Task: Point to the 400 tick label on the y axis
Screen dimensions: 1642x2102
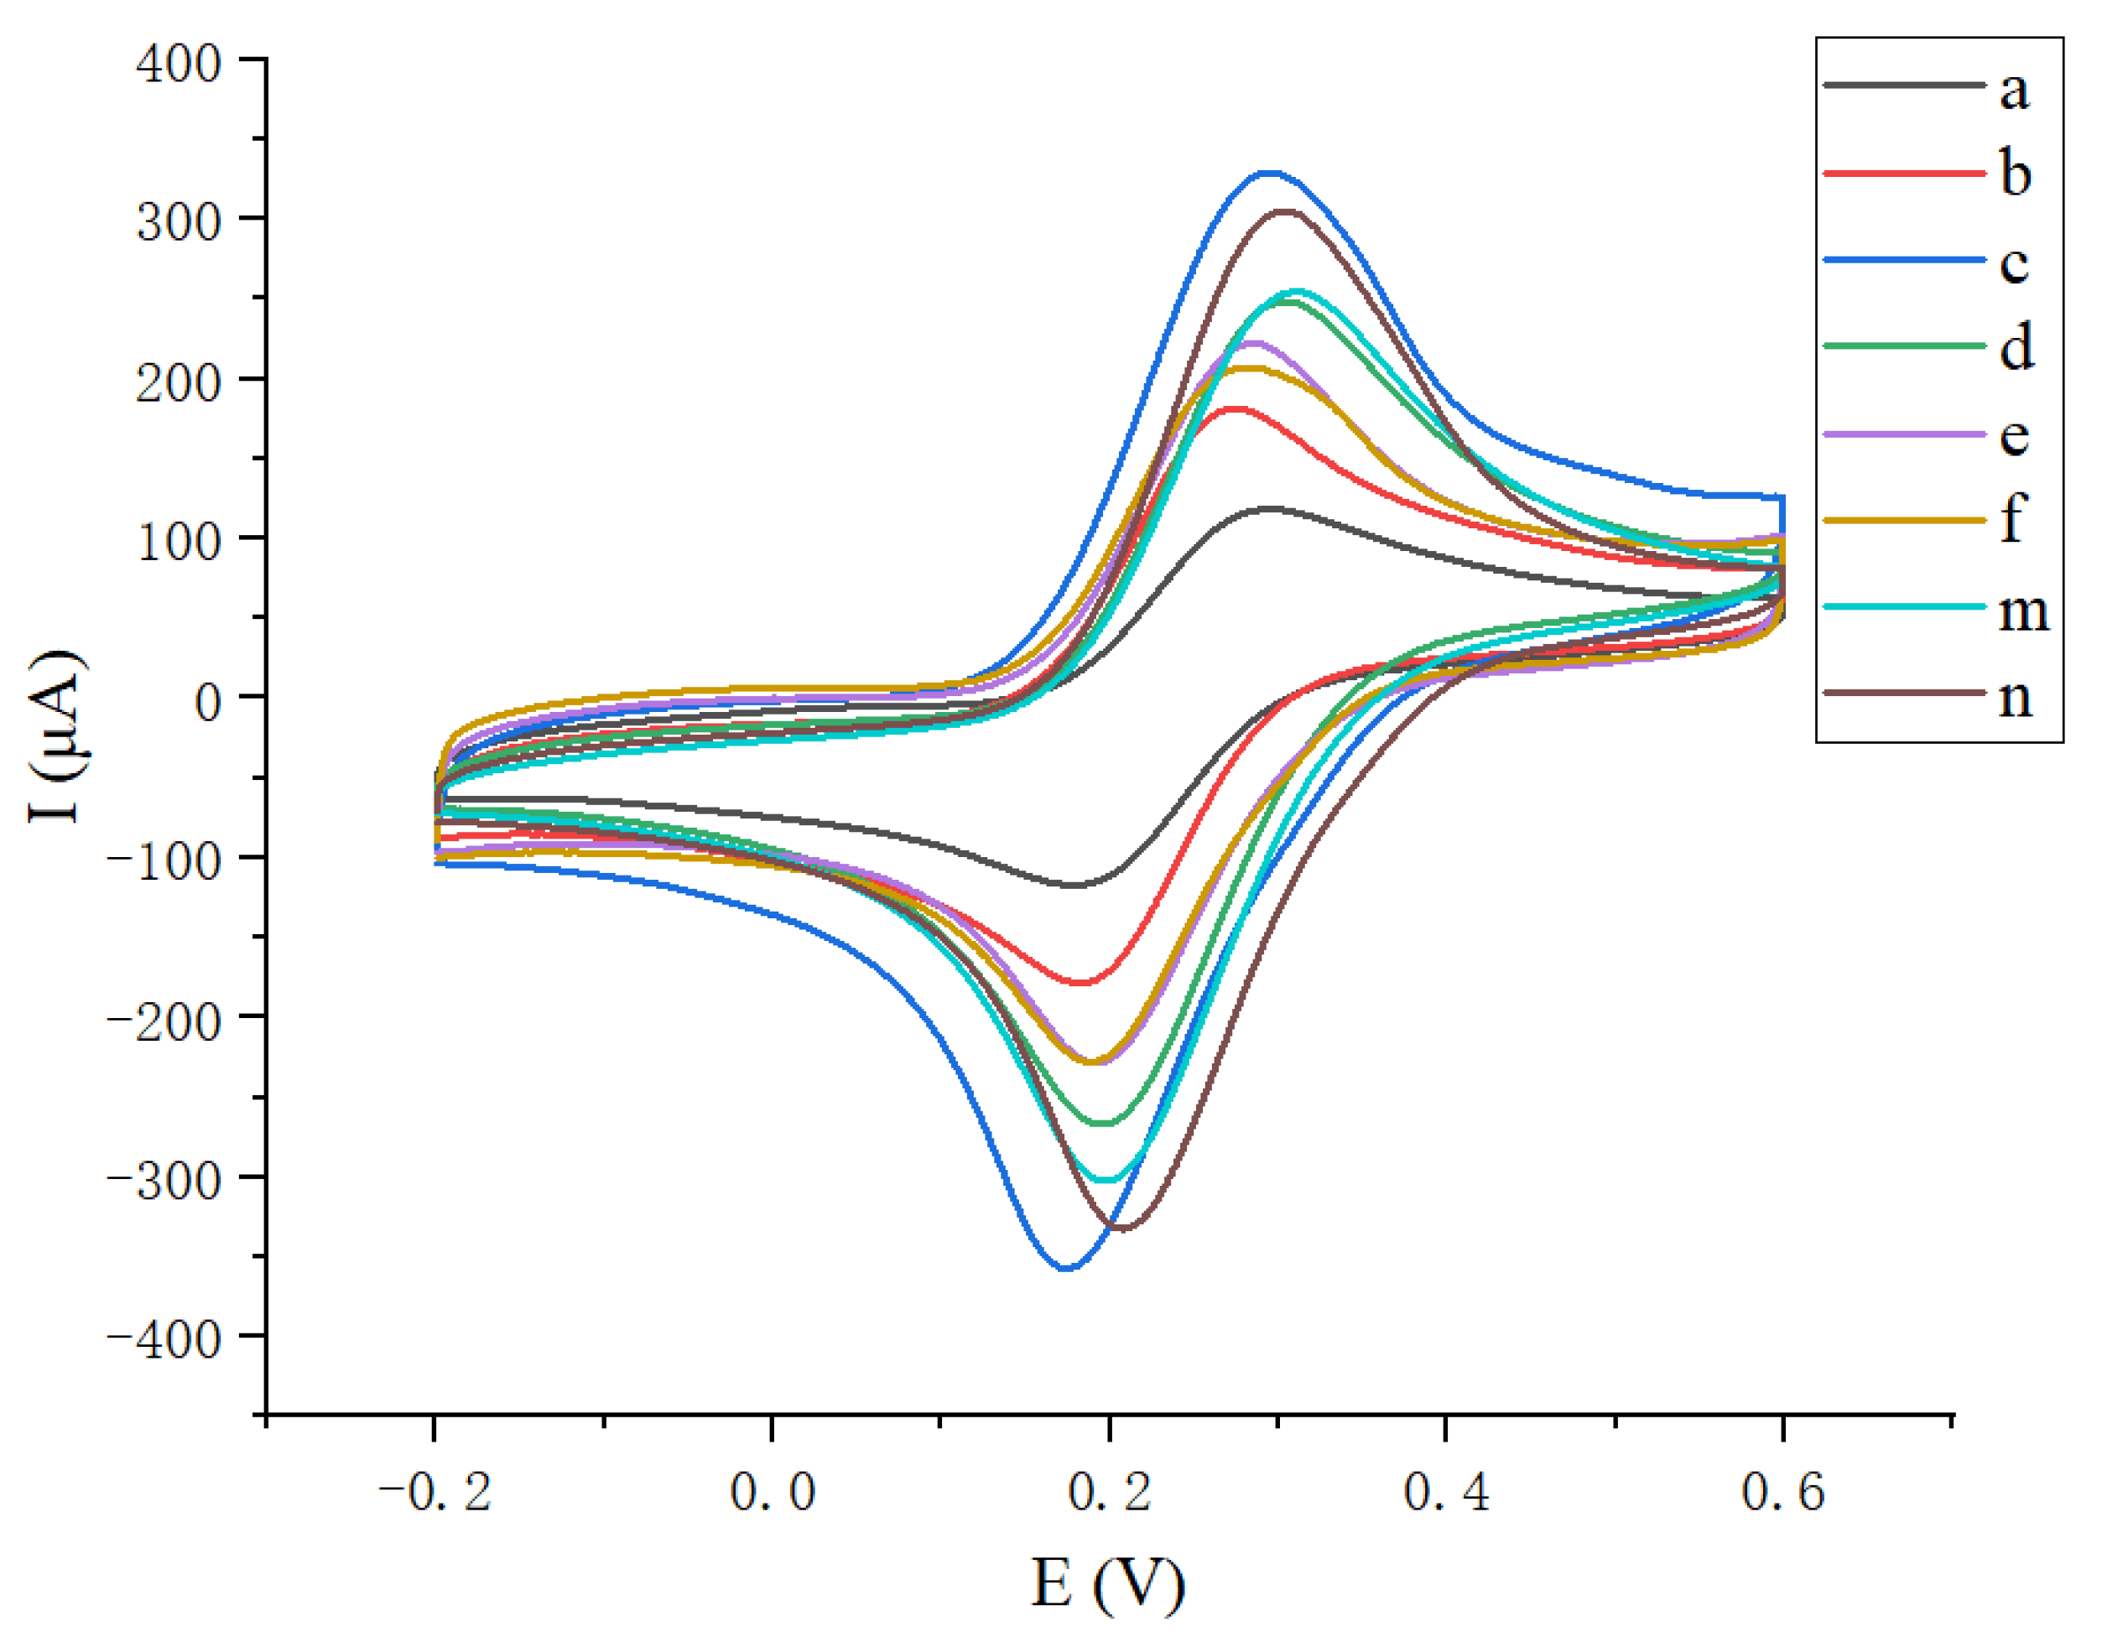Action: coord(179,65)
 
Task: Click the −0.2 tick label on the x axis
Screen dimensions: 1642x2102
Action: coord(435,1493)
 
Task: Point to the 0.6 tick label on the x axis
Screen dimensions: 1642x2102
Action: coord(1783,1493)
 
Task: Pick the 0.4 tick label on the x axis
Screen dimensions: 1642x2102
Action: coord(1447,1493)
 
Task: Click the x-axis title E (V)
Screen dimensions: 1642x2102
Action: coord(1108,1583)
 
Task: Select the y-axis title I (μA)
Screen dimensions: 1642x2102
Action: coord(58,735)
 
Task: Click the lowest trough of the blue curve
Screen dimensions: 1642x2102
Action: coord(1066,1269)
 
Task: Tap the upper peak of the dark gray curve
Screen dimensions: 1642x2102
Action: coord(1271,507)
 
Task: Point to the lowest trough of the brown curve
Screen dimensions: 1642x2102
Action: coord(1122,1228)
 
